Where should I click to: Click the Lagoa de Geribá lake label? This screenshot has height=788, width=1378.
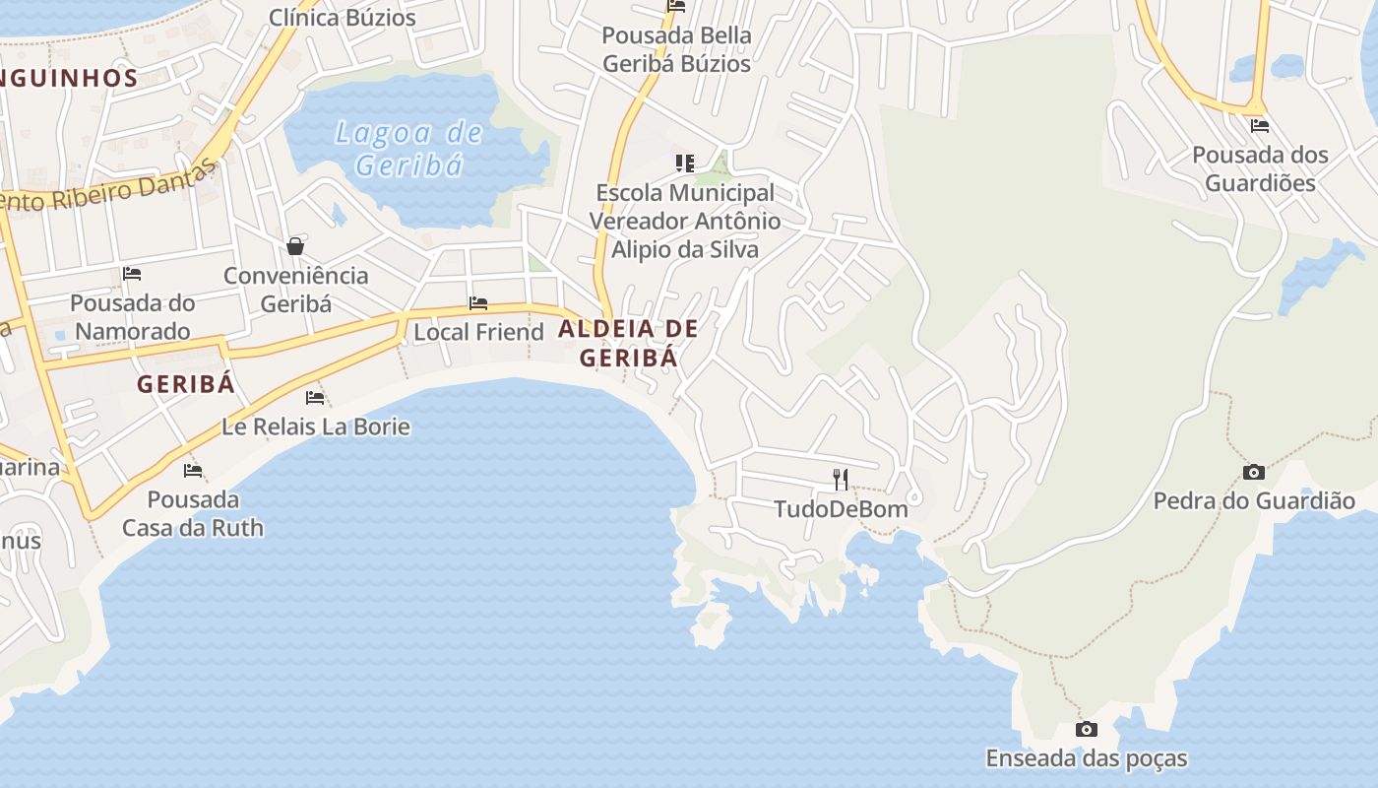pos(408,149)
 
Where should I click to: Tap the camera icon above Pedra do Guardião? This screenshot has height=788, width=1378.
pos(1253,473)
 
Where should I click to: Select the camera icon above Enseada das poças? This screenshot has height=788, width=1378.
pos(1087,730)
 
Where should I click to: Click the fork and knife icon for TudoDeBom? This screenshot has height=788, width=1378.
pos(841,480)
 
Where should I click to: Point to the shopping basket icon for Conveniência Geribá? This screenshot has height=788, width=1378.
pos(295,246)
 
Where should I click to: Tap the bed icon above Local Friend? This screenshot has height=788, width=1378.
pos(478,303)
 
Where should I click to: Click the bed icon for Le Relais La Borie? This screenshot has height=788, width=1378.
pos(315,398)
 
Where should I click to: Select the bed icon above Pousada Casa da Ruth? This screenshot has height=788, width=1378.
pos(193,471)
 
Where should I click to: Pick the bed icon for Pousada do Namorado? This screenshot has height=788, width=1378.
pos(132,274)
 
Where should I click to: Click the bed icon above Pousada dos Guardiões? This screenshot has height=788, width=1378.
pos(1259,126)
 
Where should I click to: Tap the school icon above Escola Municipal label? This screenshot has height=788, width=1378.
pos(684,164)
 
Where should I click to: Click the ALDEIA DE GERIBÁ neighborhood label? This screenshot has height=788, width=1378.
pos(628,343)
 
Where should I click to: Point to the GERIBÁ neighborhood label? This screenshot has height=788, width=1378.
pos(186,384)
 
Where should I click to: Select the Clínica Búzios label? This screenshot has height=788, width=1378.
pos(343,17)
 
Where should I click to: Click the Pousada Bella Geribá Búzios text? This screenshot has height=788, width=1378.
pos(676,49)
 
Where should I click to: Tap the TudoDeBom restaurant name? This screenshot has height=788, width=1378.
pos(841,509)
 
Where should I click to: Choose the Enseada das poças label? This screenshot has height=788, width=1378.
pos(1087,758)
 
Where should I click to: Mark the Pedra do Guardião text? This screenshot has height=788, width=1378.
pos(1254,501)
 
